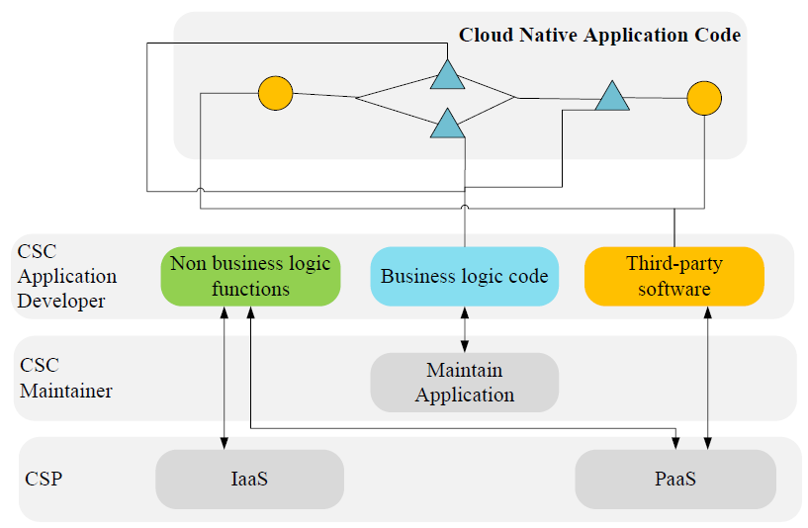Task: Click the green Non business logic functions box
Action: pyautogui.click(x=250, y=276)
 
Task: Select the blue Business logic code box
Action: pyautogui.click(x=464, y=276)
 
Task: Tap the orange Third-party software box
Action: pyautogui.click(x=674, y=276)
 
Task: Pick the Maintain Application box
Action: pyautogui.click(x=464, y=383)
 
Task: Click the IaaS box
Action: pyautogui.click(x=249, y=480)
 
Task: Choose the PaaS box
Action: pyautogui.click(x=675, y=480)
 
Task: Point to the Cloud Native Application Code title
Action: pyautogui.click(x=599, y=36)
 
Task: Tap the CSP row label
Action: pyautogui.click(x=44, y=480)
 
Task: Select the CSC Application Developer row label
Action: pyautogui.click(x=67, y=276)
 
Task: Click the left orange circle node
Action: pyautogui.click(x=275, y=94)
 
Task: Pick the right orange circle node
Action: pyautogui.click(x=704, y=98)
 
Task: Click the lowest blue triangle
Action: pyautogui.click(x=447, y=124)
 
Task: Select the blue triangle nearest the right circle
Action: pyautogui.click(x=612, y=97)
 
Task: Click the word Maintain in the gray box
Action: pyautogui.click(x=464, y=371)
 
